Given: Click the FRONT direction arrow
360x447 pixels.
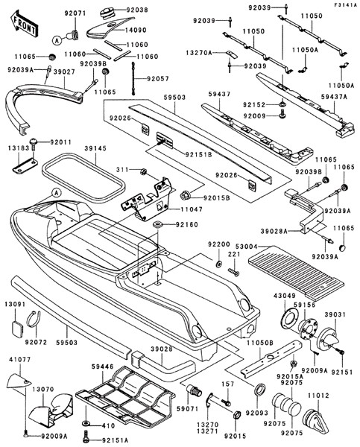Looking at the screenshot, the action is [25, 25].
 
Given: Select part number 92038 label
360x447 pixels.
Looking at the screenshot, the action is [138, 10].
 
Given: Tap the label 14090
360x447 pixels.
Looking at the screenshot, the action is [136, 30].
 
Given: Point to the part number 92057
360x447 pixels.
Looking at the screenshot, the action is [158, 78].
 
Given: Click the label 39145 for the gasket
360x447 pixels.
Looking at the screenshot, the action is [95, 148].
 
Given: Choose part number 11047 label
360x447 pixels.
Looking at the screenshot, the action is [192, 209].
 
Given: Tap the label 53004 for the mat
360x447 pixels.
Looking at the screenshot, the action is [247, 246].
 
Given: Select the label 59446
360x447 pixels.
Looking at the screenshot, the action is [103, 367].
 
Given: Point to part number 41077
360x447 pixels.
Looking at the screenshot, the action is [20, 360].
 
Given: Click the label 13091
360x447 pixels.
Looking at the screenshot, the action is [15, 304].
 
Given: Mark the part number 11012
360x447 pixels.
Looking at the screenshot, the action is [318, 396].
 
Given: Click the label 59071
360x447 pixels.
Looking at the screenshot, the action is [188, 409].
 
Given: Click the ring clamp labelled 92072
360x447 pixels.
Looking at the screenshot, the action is [34, 320].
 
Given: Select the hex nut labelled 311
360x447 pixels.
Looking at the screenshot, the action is [144, 171].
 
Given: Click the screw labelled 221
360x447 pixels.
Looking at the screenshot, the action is [233, 272].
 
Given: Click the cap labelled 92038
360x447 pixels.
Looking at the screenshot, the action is [107, 13].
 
